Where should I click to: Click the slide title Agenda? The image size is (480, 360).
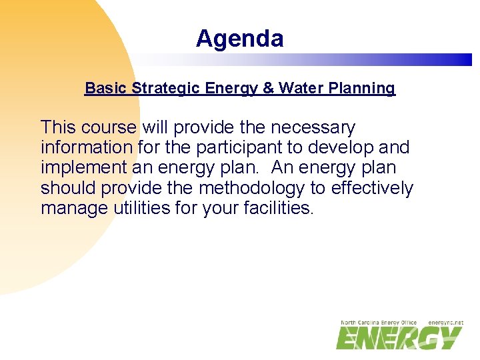coord(239,39)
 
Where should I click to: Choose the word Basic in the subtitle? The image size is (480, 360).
coord(106,88)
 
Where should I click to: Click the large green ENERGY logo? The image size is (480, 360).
coord(398,337)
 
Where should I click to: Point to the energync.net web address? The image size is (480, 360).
coord(445,323)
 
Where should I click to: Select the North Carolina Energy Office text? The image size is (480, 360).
coord(379,323)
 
